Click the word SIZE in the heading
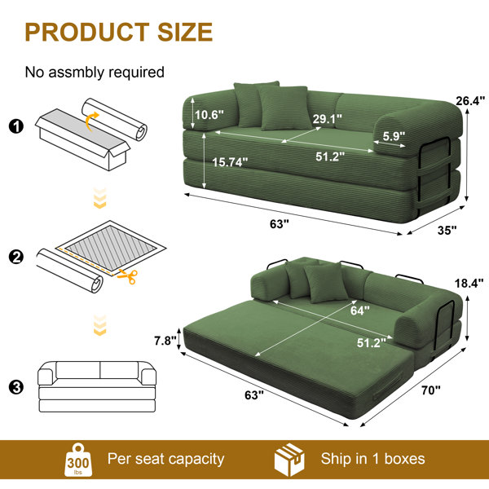point(185,32)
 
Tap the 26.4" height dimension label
point(470,101)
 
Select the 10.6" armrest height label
point(209,115)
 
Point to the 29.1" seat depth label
point(327,118)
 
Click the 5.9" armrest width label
point(394,136)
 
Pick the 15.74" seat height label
point(230,162)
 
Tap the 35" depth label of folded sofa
point(447,230)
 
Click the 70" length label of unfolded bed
point(431,390)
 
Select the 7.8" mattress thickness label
point(165,341)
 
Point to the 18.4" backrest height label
point(469,283)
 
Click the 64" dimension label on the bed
point(360,311)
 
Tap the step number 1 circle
point(16,126)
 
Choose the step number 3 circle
point(16,387)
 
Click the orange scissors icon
point(128,275)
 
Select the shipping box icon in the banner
point(289,460)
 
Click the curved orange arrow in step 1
point(91,121)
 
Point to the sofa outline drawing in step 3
point(97,386)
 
